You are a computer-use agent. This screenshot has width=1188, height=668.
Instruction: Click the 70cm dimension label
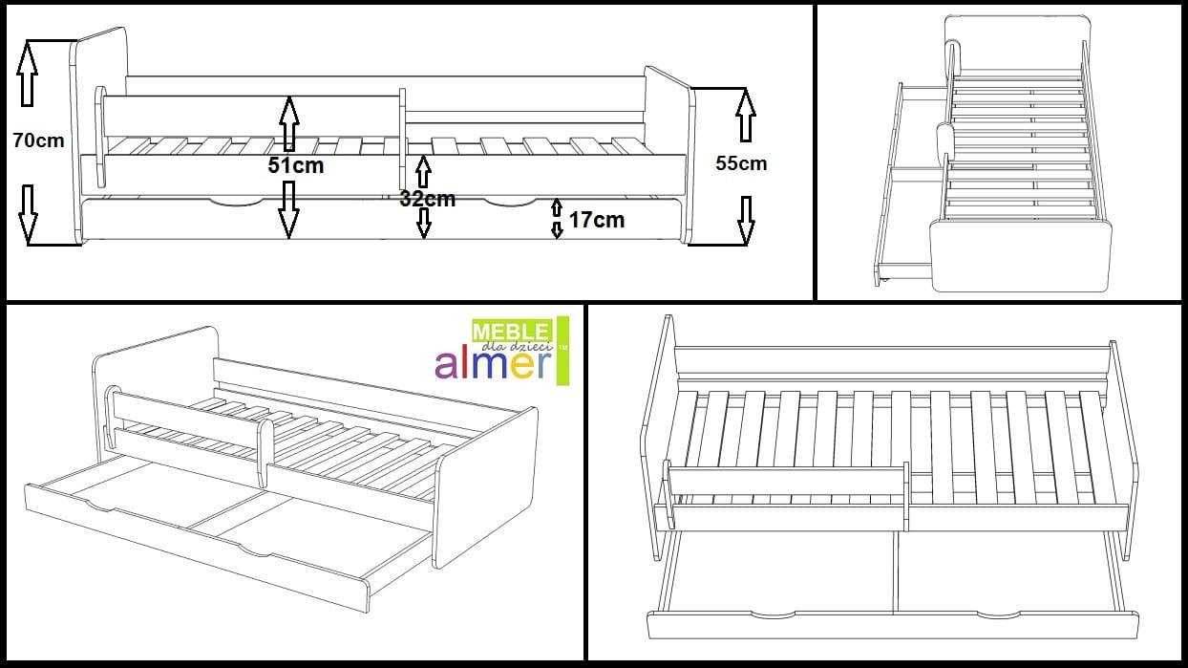[39, 140]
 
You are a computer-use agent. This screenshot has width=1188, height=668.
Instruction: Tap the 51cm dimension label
[295, 165]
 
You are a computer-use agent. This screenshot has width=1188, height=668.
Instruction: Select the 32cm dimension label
[427, 199]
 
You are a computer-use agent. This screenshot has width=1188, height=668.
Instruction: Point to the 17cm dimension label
[596, 220]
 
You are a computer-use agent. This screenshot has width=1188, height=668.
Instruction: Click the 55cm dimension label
[741, 163]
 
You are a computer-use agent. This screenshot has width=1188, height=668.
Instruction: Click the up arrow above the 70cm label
[28, 74]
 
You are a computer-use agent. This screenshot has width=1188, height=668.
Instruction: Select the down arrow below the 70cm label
[28, 213]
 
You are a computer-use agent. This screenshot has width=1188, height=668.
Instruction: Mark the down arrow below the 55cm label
[746, 219]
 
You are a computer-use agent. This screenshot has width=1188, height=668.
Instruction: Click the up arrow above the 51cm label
[288, 123]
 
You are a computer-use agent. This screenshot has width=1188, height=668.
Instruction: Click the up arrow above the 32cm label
[423, 172]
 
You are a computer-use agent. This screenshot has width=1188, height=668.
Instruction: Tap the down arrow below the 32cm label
[424, 223]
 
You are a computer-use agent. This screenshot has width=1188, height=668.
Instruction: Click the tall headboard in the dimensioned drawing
[99, 134]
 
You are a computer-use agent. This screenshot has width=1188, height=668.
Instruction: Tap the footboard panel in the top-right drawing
[1022, 256]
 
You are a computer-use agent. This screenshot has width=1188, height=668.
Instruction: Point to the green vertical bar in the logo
[562, 351]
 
